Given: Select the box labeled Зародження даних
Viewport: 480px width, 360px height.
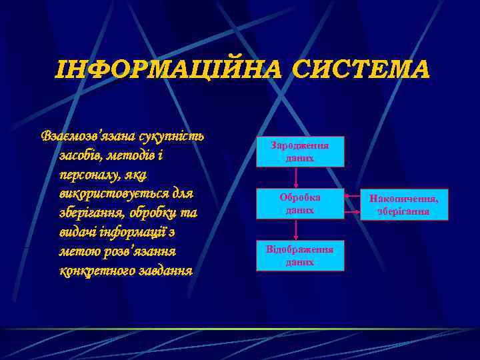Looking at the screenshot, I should click(300, 151).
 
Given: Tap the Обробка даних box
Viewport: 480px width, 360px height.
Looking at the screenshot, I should click(300, 203).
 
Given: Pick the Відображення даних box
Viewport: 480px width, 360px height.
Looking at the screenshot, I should click(300, 255).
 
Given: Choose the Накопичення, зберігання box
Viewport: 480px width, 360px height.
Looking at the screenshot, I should click(403, 205).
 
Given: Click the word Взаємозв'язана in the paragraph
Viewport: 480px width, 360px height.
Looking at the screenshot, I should click(87, 136).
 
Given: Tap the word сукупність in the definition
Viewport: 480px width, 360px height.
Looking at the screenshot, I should click(171, 136).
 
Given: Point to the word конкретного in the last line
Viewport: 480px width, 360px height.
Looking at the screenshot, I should click(97, 271).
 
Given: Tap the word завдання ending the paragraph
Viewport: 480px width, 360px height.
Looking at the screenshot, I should click(166, 271).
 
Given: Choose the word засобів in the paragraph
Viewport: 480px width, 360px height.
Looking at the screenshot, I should click(82, 155).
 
